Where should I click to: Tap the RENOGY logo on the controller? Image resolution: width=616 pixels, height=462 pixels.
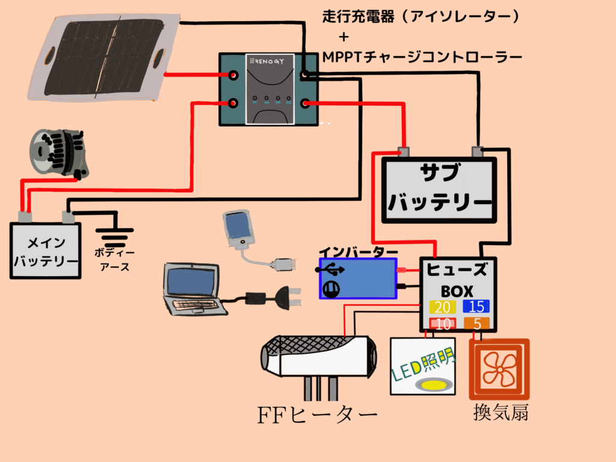[269, 61]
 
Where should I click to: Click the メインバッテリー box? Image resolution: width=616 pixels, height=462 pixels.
[46, 251]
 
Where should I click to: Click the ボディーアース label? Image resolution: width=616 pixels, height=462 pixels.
[114, 260]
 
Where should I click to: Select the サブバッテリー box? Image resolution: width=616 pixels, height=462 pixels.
[439, 189]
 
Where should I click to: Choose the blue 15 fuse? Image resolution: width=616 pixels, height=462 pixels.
[476, 306]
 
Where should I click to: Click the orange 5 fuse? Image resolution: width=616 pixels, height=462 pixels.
[476, 324]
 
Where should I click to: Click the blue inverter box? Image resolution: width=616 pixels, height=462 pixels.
[358, 279]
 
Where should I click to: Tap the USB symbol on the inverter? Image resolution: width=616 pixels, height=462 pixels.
[330, 269]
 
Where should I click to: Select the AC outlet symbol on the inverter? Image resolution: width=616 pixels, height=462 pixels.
[331, 289]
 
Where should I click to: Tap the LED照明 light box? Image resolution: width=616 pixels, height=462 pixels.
[422, 366]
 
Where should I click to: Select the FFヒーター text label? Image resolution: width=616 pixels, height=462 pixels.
[317, 414]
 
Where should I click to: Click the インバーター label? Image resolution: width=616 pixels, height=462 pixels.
[358, 251]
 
